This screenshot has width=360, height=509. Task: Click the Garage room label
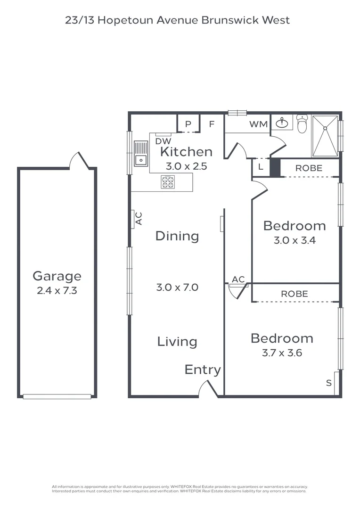pos(57,276)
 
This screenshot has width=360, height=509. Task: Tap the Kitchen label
pos(186,152)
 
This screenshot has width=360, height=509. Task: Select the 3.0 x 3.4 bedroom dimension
pos(295,240)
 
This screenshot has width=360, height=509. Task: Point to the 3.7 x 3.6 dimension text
pos(281,353)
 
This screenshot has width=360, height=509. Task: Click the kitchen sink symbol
pos(140,154)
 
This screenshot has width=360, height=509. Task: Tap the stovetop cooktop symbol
pos(168,182)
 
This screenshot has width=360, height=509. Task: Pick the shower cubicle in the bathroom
pos(325,136)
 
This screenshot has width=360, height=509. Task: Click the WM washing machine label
pos(258,124)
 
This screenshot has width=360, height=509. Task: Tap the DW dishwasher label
pos(163,141)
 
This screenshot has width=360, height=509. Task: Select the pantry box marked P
pos(188,124)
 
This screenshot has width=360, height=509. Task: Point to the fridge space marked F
pos(212,124)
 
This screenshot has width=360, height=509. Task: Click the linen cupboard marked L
pos(261,167)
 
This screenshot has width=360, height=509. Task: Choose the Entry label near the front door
pos(203,370)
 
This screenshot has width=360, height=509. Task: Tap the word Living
pos(177,342)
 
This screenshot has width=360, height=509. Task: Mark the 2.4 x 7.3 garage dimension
pos(57,291)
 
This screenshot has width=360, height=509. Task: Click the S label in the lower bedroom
pos(329,383)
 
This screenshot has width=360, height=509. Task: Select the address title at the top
pos(177,20)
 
